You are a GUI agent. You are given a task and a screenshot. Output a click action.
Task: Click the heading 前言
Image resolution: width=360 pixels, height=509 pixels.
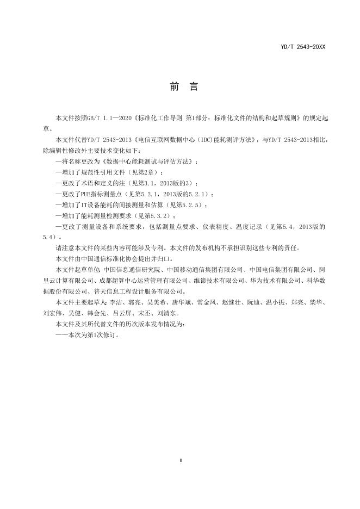(179, 87)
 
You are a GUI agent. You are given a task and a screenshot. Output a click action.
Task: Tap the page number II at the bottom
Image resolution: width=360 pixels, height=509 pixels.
(180, 461)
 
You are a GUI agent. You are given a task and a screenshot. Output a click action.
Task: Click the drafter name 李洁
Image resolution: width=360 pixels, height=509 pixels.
(115, 302)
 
